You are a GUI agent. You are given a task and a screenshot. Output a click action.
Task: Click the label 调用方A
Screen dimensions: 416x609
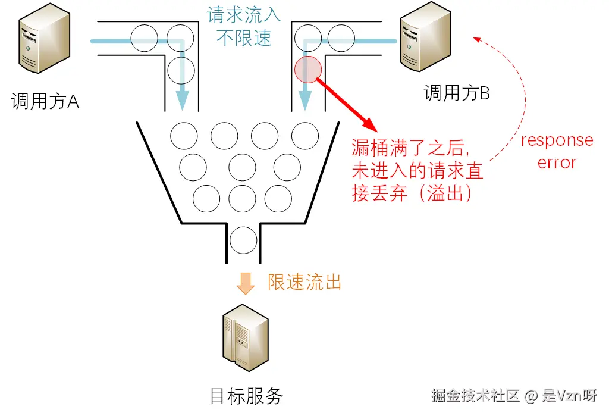pyautogui.click(x=45, y=102)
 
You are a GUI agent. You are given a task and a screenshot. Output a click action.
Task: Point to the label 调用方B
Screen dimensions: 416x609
pyautogui.click(x=457, y=93)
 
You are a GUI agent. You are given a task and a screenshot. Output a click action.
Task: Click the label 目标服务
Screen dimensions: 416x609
pyautogui.click(x=246, y=396)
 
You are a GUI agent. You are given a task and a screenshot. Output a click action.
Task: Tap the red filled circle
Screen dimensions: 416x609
pyautogui.click(x=308, y=70)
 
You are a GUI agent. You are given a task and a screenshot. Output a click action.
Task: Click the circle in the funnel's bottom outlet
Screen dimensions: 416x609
pyautogui.click(x=243, y=240)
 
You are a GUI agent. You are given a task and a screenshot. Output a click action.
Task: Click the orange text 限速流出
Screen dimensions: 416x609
pyautogui.click(x=304, y=282)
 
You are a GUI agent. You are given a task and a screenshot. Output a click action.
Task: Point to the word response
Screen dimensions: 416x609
pyautogui.click(x=557, y=141)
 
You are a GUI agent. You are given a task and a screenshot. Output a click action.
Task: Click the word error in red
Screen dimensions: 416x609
pyautogui.click(x=557, y=162)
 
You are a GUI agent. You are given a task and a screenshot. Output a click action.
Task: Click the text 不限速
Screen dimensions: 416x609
pyautogui.click(x=244, y=37)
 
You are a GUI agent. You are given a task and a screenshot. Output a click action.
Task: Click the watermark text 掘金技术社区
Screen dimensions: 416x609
pyautogui.click(x=476, y=396)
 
